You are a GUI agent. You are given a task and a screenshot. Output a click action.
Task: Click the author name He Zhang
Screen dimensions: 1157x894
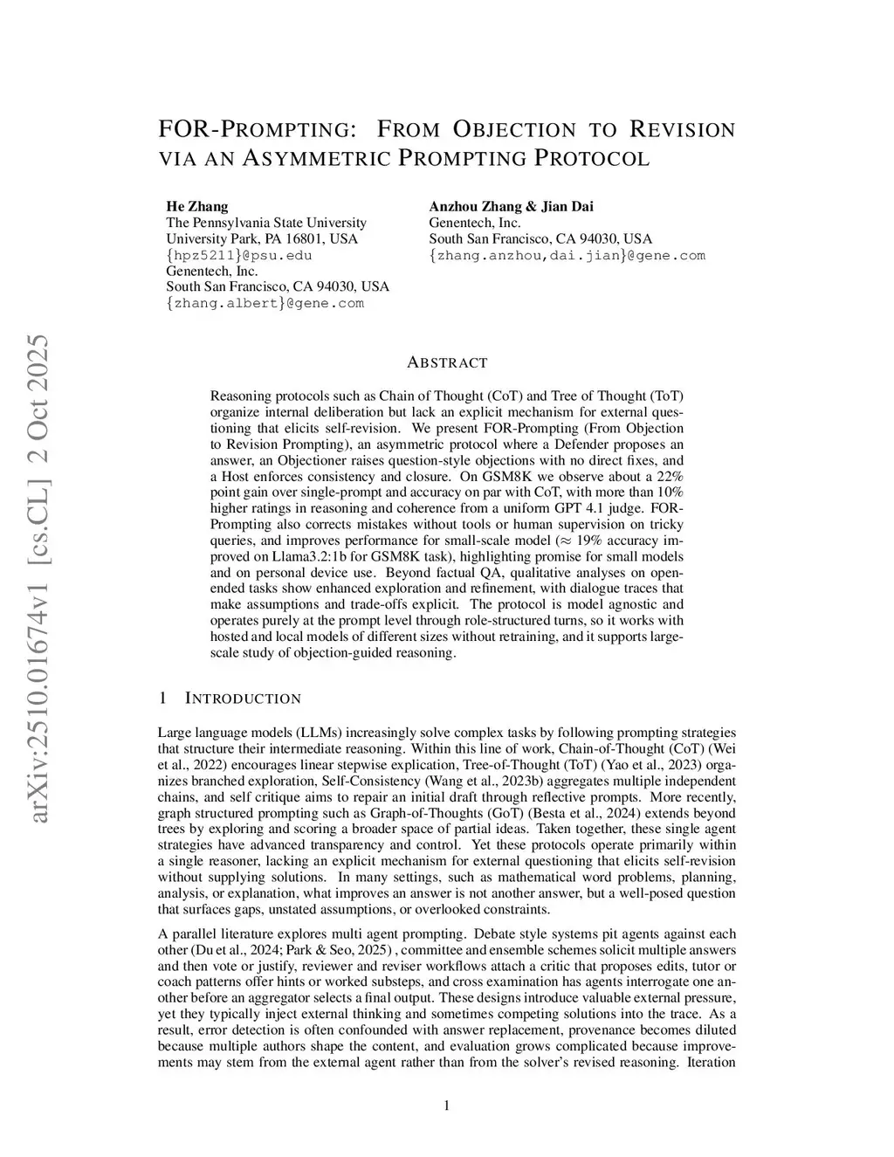click(197, 207)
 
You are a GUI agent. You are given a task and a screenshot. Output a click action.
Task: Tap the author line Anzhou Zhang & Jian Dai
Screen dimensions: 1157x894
click(511, 207)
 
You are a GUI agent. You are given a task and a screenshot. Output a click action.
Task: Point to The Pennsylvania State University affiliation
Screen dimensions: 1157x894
click(266, 223)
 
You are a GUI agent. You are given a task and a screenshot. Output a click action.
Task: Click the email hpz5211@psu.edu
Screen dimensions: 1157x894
click(238, 255)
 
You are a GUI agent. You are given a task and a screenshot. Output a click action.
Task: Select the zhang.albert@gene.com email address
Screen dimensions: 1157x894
click(265, 303)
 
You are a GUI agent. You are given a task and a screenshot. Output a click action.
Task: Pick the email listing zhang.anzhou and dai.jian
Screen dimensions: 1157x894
click(567, 255)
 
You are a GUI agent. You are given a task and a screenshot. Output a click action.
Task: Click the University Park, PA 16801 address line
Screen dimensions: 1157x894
click(261, 238)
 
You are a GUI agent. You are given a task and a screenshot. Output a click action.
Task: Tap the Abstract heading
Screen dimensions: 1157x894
click(447, 362)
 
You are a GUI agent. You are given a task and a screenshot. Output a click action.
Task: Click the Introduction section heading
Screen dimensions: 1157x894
click(243, 699)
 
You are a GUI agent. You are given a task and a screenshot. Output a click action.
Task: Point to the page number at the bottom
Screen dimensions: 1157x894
click(447, 1105)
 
